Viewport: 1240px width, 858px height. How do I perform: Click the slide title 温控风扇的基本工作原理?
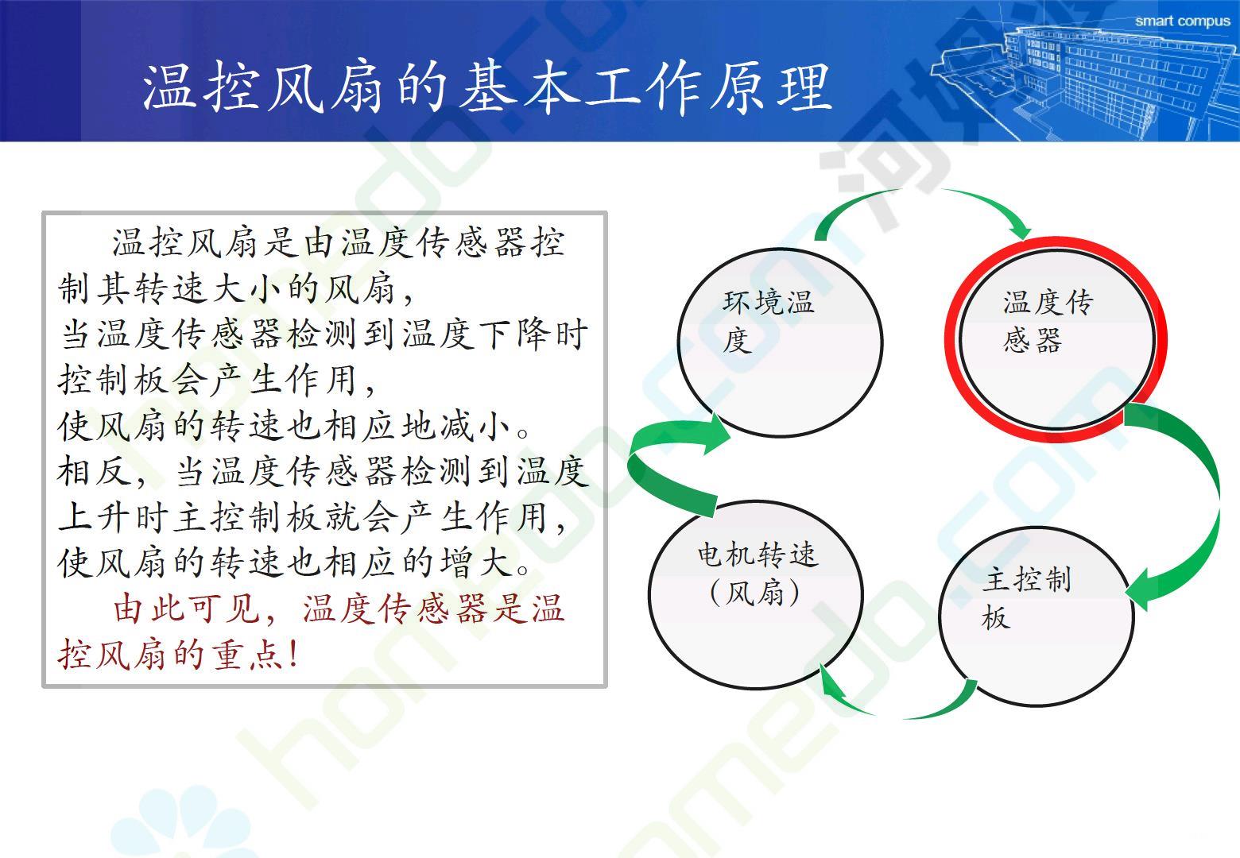coord(487,87)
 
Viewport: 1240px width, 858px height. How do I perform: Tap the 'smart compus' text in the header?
coord(1183,21)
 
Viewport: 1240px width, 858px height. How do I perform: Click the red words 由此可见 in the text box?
coord(187,609)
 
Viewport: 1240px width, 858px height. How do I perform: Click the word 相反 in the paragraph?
coord(94,471)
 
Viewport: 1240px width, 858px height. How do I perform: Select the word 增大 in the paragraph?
coord(475,562)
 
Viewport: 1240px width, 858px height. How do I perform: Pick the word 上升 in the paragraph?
coord(94,517)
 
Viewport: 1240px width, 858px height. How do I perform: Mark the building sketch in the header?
coord(1085,77)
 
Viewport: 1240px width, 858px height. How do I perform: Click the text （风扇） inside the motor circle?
coord(755,593)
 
